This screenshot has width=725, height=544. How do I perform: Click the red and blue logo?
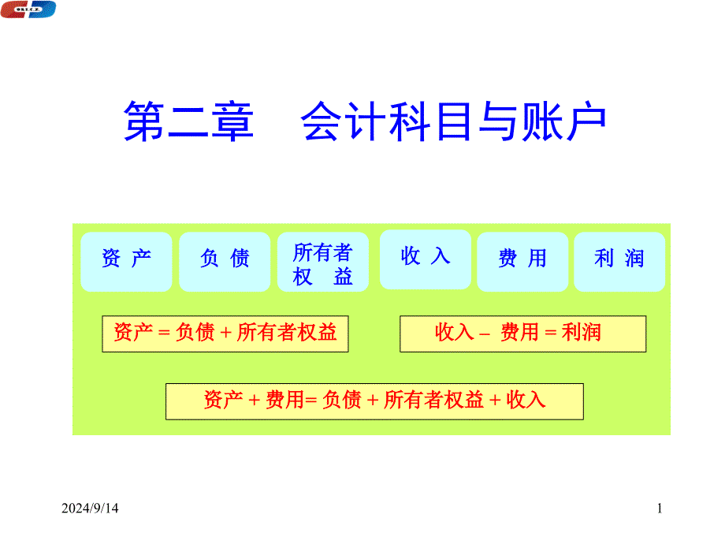click(x=28, y=9)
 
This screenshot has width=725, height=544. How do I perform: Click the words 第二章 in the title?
click(x=188, y=121)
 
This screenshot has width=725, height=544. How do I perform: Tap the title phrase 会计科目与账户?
click(x=453, y=121)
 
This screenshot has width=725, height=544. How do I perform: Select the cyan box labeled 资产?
click(x=126, y=262)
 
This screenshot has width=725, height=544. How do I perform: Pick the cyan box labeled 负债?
click(x=225, y=262)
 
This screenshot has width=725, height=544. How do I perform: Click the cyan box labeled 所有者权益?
click(x=323, y=262)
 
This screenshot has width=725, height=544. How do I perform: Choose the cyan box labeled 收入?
click(x=426, y=259)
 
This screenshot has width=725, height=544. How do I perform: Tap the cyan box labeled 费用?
click(x=522, y=262)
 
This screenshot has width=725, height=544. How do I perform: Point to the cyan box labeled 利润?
click(x=619, y=262)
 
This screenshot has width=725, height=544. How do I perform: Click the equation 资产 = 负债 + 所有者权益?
click(x=225, y=333)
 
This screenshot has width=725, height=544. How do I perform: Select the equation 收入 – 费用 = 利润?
click(x=518, y=333)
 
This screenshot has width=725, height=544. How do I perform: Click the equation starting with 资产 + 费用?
click(x=374, y=401)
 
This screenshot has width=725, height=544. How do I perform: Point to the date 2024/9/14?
click(x=90, y=509)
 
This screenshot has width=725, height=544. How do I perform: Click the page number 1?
click(x=660, y=509)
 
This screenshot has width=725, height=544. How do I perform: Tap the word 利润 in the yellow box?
click(x=582, y=333)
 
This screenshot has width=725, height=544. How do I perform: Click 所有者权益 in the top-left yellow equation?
click(x=287, y=333)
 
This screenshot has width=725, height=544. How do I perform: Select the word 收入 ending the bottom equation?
click(x=526, y=401)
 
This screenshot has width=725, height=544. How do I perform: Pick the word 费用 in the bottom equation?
click(x=284, y=401)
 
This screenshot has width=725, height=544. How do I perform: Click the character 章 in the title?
click(x=232, y=121)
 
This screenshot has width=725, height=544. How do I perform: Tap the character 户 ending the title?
click(x=586, y=121)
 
